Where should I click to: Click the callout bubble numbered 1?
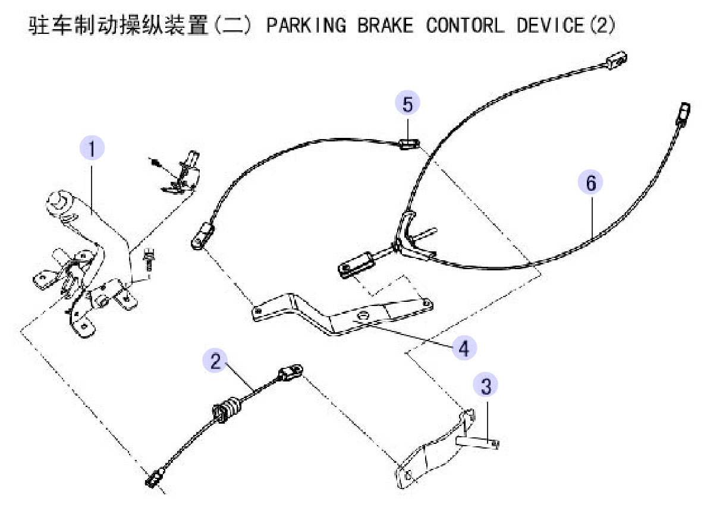[92, 149]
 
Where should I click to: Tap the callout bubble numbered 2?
[215, 361]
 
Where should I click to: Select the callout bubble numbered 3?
[486, 386]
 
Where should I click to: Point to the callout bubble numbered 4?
[464, 348]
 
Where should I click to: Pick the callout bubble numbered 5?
[407, 103]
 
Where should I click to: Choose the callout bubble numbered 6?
[590, 182]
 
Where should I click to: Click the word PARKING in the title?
[306, 25]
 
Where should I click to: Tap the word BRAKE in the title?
[385, 25]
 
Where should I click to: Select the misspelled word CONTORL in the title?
[465, 25]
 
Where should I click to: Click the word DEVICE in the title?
[551, 25]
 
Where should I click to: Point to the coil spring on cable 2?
[228, 409]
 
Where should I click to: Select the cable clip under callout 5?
[408, 144]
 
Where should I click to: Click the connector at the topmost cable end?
[616, 60]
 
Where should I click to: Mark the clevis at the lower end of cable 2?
[155, 477]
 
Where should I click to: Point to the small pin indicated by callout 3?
[477, 442]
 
